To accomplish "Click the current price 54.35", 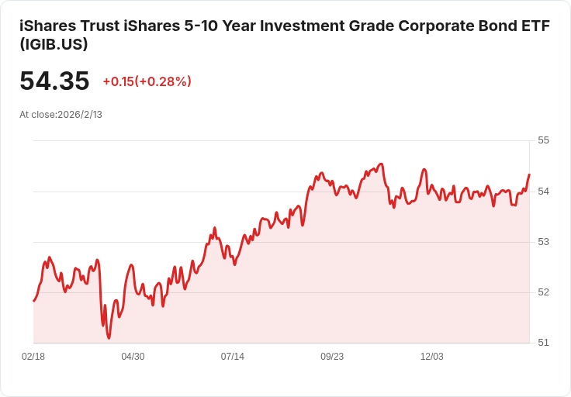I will pos(54,81).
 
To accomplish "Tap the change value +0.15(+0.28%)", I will pos(147,81).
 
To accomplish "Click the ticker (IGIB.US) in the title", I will pos(54,45).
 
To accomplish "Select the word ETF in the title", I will pos(535,26).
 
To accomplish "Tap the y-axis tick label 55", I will pos(543,140).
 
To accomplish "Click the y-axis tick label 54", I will pos(543,191).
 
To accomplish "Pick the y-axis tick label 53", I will pos(543,241).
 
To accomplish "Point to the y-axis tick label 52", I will pos(543,292).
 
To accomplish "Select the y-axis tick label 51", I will pos(543,342).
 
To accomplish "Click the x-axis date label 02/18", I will pos(33,357).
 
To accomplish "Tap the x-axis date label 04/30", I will pos(133,357).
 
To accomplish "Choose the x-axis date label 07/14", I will pos(232,357).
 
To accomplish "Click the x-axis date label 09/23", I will pos(332,357).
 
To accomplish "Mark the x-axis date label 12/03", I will pos(431,357).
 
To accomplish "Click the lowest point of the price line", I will pos(109,338).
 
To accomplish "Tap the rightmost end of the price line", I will pos(529,174).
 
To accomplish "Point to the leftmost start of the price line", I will pos(33,301).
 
